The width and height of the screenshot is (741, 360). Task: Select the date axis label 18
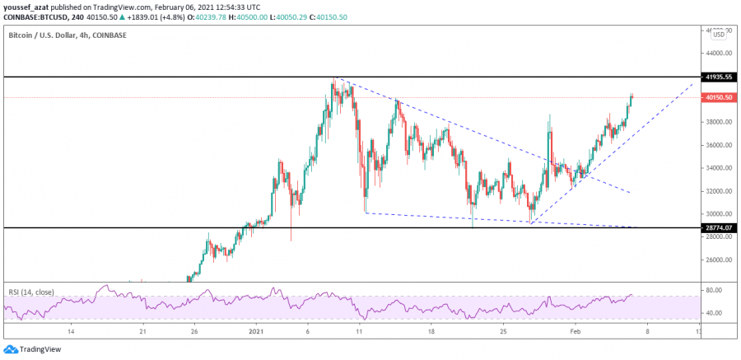[431, 332]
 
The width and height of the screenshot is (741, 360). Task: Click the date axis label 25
[504, 332]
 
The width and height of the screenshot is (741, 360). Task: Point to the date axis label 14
[72, 332]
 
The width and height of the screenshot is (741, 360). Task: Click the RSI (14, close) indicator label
[30, 291]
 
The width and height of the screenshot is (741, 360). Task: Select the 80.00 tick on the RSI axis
[714, 291]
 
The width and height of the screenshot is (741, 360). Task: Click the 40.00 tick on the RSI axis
[714, 313]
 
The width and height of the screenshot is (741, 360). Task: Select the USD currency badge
[718, 34]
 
